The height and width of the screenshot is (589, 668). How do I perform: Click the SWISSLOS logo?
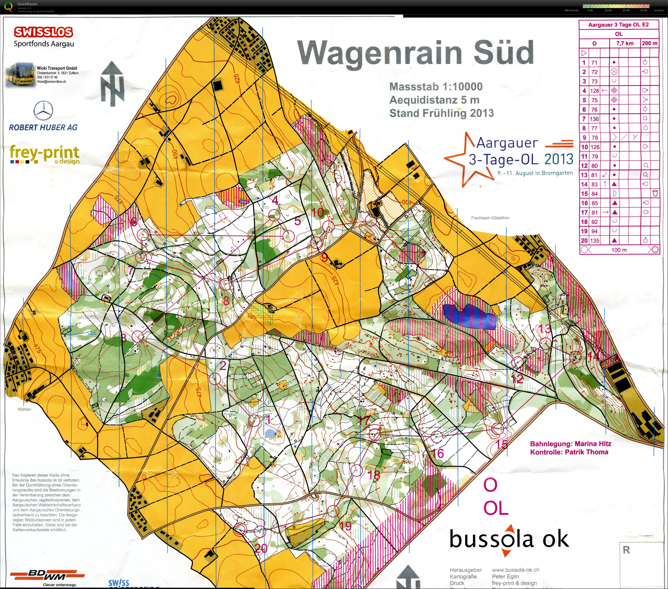tap(43, 32)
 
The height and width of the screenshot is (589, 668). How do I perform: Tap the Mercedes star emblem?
tap(44, 110)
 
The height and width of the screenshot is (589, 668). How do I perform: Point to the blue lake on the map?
tap(469, 316)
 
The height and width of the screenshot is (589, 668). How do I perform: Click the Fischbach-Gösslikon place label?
tap(490, 218)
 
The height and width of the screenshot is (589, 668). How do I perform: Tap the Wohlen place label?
tap(25, 409)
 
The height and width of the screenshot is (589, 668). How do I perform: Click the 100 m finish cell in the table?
tap(619, 250)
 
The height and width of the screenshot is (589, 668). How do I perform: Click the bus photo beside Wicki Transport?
tap(19, 76)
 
